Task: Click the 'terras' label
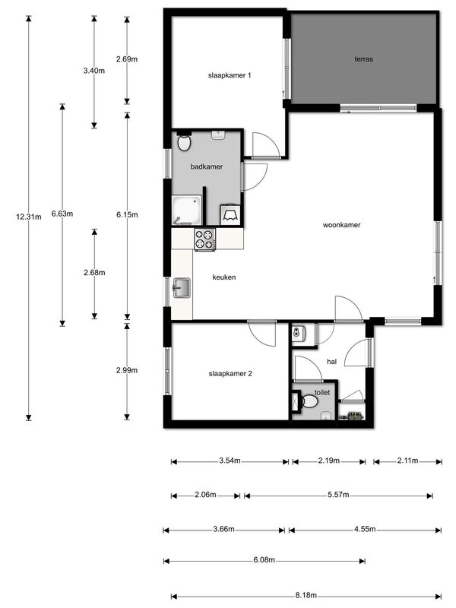[x=363, y=59]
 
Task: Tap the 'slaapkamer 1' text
[x=230, y=75]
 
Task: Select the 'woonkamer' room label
[x=341, y=225]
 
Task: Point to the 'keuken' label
[x=224, y=277]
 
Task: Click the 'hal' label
[x=331, y=362]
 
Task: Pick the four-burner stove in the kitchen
[x=204, y=239]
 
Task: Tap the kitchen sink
[x=182, y=288]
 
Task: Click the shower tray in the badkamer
[x=186, y=211]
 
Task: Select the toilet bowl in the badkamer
[x=183, y=142]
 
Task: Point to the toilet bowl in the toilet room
[x=309, y=401]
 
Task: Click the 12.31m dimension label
[x=29, y=217]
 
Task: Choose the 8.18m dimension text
[x=306, y=595]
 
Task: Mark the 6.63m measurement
[x=62, y=214]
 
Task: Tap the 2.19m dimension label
[x=329, y=461]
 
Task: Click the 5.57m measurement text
[x=338, y=495]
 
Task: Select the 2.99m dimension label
[x=127, y=370]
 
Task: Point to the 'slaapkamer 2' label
[x=230, y=374]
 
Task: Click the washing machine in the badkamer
[x=230, y=214]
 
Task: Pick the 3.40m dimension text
[x=94, y=71]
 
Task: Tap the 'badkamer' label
[x=207, y=166]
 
